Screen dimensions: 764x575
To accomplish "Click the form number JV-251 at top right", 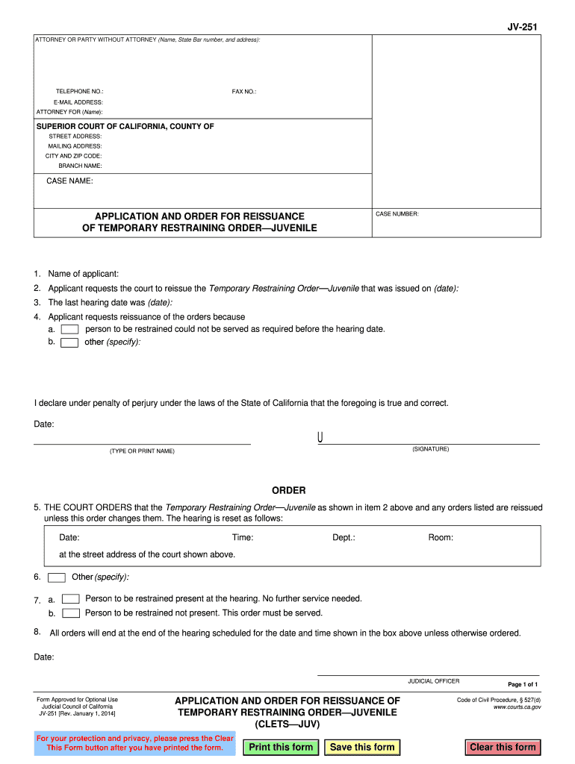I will pyautogui.click(x=522, y=27).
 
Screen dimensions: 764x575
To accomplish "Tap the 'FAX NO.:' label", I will pyautogui.click(x=244, y=91).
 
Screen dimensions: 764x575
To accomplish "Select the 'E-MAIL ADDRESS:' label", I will pyautogui.click(x=78, y=102).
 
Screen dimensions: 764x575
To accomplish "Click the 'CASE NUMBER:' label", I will pyautogui.click(x=397, y=214).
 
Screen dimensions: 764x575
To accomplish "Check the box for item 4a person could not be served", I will pyautogui.click(x=69, y=329).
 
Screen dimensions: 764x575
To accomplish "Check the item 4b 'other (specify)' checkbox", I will pyautogui.click(x=69, y=342).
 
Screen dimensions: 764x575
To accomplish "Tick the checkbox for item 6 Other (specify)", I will pyautogui.click(x=56, y=577).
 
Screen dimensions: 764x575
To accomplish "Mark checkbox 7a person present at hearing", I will pyautogui.click(x=71, y=599).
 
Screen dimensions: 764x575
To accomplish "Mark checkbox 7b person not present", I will pyautogui.click(x=71, y=613).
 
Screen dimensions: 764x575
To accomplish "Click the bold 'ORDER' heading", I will pyautogui.click(x=288, y=491).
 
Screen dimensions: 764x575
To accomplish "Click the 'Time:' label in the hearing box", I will pyautogui.click(x=243, y=537).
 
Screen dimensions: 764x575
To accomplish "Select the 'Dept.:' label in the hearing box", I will pyautogui.click(x=344, y=537).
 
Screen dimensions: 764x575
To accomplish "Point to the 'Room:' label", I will pyautogui.click(x=441, y=537).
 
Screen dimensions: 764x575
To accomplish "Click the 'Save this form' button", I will pyautogui.click(x=362, y=747).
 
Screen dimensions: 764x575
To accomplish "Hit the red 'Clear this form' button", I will pyautogui.click(x=503, y=747).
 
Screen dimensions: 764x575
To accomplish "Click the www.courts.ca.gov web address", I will pyautogui.click(x=517, y=707).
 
